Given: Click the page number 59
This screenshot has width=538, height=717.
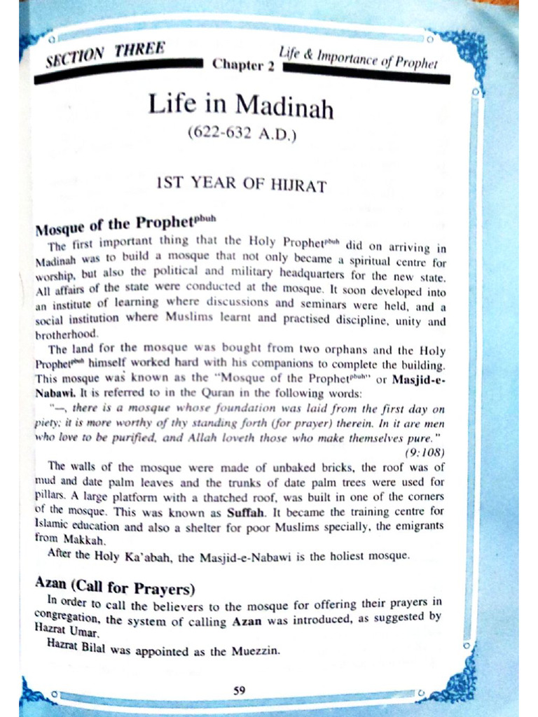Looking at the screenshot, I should point(239,690).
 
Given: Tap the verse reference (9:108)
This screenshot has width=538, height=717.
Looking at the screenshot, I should point(425,452).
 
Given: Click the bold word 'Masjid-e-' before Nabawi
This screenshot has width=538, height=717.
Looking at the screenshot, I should point(418,380).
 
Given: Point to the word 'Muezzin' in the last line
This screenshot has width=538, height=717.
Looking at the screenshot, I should point(254,650).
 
